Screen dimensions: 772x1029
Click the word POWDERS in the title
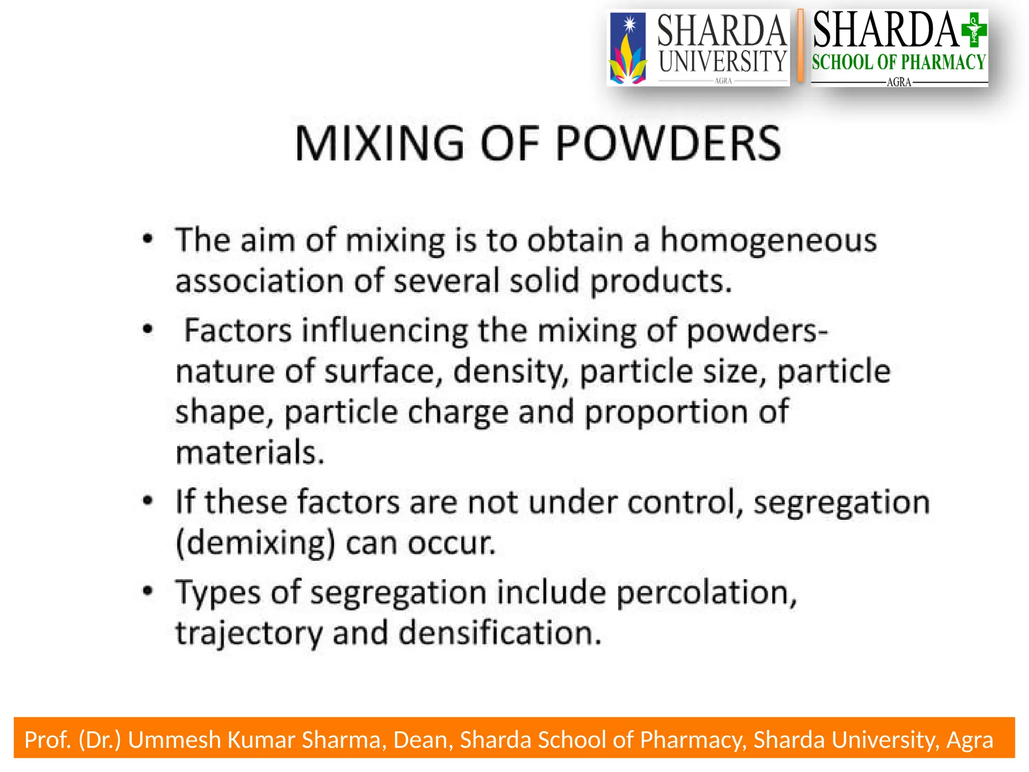point(668,144)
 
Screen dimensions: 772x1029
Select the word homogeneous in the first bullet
point(768,240)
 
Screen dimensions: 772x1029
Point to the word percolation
point(706,593)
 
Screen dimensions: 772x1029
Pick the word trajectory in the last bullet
point(249,634)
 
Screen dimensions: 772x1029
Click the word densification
point(500,633)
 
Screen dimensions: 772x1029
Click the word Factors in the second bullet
point(238,331)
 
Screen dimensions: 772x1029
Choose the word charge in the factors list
point(458,412)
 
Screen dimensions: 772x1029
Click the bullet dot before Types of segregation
point(147,591)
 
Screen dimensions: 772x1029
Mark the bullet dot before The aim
point(147,239)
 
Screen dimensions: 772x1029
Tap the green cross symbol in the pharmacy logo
point(973,30)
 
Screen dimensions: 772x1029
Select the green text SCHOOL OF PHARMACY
point(898,62)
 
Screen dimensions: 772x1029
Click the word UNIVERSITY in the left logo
point(723,61)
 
